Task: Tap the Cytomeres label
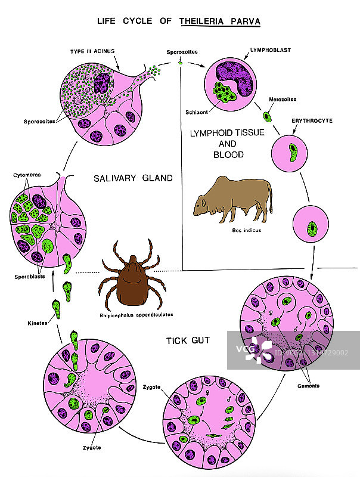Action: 24,176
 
